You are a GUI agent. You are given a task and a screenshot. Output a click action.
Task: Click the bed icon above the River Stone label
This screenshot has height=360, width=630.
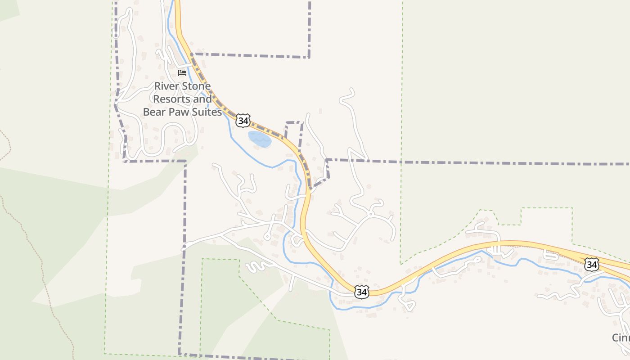(182, 72)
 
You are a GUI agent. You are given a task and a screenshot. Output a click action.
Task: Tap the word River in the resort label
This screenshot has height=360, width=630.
(166, 86)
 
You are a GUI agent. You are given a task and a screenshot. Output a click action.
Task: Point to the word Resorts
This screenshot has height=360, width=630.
(171, 99)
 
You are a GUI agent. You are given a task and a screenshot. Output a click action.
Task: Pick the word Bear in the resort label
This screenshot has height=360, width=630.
(154, 112)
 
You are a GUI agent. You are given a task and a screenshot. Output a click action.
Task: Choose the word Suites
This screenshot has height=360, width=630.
(207, 112)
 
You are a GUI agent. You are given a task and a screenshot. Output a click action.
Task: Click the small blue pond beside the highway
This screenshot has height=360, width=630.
(260, 139)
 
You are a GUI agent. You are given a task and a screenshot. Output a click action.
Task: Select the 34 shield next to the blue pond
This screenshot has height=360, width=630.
(243, 121)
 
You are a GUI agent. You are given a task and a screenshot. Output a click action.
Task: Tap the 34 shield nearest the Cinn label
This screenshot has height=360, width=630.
(592, 265)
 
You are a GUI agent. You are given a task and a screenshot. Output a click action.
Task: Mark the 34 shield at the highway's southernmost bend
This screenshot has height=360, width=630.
(361, 292)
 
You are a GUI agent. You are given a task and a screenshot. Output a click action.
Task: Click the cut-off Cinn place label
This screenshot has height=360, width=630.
(621, 337)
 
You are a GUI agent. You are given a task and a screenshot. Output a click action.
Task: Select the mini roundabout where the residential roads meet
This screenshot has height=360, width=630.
(370, 214)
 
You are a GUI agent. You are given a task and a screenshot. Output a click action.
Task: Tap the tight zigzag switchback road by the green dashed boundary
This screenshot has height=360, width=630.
(255, 266)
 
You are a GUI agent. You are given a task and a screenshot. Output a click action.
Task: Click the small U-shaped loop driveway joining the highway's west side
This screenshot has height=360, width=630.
(297, 241)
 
